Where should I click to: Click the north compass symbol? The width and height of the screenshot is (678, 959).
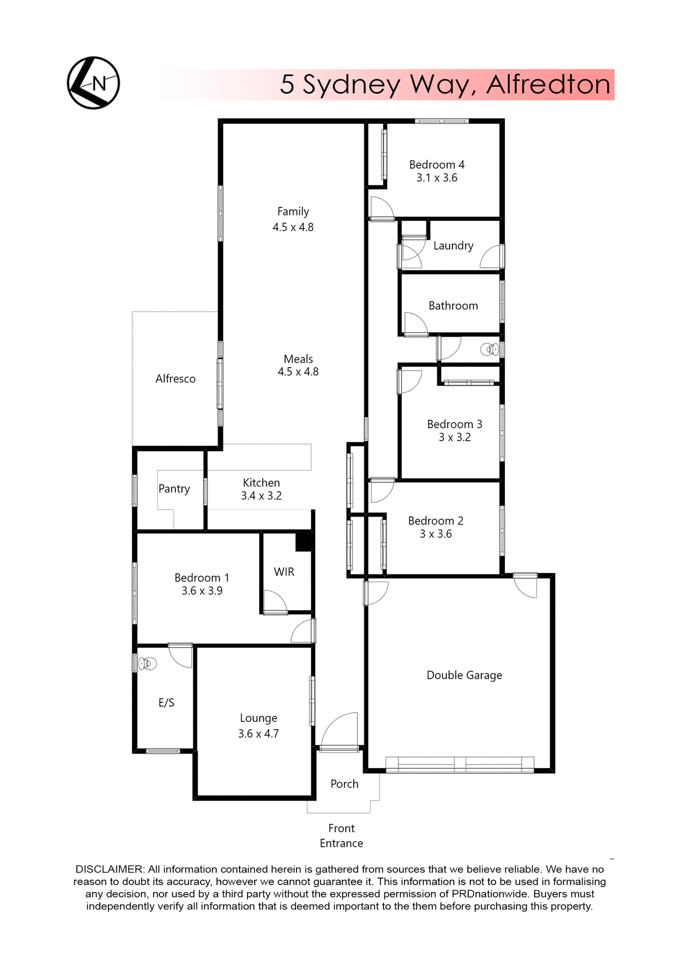(93, 83)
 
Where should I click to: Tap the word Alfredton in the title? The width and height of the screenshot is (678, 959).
(548, 84)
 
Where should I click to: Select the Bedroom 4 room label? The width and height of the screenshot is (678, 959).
(437, 165)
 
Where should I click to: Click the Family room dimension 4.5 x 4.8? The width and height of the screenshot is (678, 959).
(293, 227)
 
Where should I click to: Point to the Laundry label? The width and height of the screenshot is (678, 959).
(453, 246)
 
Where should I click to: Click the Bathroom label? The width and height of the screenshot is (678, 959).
(453, 306)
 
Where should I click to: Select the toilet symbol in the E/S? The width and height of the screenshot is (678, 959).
(148, 663)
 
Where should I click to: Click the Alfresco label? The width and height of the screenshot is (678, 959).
(175, 379)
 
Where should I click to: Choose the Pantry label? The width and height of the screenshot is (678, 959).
(174, 488)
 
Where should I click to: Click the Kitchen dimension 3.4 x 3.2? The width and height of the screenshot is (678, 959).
(261, 496)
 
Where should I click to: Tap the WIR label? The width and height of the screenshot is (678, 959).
(284, 572)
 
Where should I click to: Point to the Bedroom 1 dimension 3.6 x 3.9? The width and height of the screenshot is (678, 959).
(202, 591)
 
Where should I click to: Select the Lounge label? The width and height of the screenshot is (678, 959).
(259, 718)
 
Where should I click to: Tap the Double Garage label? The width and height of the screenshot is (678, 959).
(464, 675)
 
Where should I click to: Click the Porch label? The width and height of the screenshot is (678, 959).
(344, 784)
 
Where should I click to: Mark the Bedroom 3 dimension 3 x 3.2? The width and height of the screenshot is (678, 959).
(454, 438)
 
